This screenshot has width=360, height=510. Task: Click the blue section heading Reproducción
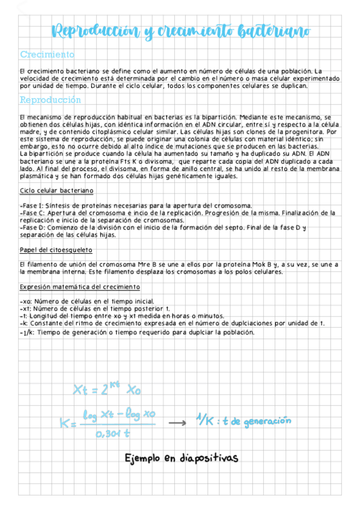50,100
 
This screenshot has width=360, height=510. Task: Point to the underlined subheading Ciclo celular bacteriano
56,190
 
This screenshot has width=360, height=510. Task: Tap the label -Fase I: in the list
31,205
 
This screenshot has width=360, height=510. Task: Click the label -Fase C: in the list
32,213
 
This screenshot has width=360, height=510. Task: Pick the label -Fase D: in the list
32,227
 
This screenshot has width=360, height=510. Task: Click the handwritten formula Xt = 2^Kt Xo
107,389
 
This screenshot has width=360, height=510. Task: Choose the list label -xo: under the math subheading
26,301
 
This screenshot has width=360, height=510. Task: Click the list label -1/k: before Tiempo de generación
27,332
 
